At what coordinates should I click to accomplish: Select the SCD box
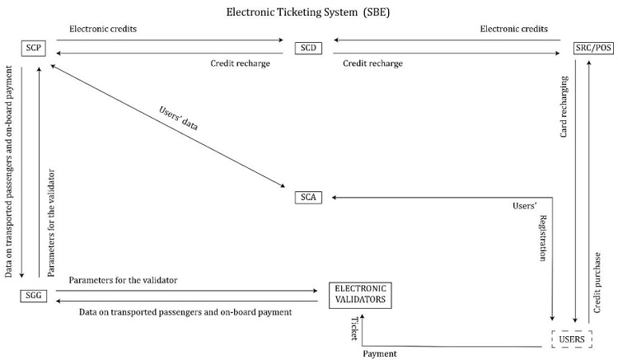tap(307, 48)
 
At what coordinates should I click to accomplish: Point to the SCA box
tap(307, 198)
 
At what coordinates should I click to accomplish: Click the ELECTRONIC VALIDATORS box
tap(360, 295)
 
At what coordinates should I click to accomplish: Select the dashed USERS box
tap(572, 339)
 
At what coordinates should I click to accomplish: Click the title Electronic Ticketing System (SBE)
tap(309, 13)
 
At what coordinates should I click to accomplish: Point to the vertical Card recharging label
tap(565, 106)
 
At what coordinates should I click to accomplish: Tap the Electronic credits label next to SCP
tap(103, 29)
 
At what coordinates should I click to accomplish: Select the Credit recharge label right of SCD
tap(366, 63)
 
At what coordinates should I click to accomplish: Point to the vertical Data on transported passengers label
tap(8, 157)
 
